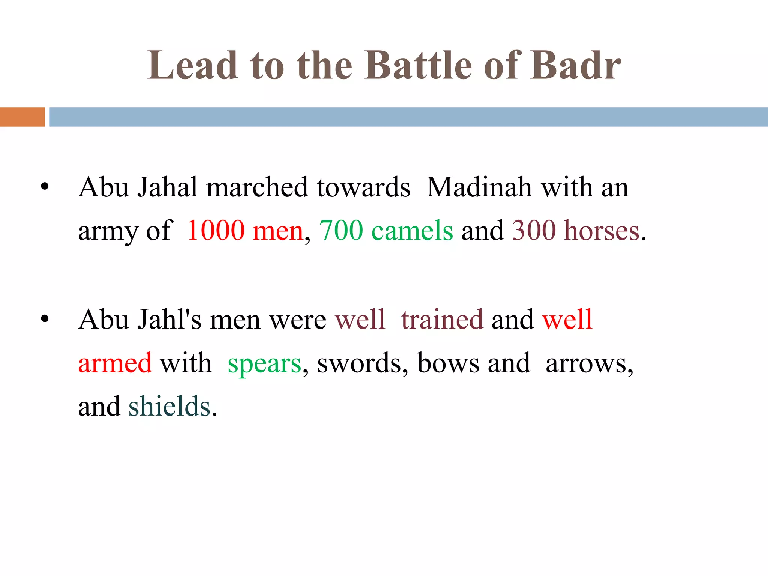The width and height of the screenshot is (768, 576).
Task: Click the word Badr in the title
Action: (576, 66)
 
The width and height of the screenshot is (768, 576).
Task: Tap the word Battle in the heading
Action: (418, 66)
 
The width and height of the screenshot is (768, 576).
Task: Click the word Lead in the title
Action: (192, 66)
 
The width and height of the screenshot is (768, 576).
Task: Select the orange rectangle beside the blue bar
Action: (22, 117)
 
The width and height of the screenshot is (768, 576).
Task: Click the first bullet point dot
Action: (45, 187)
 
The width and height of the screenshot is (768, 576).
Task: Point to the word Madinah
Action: (479, 187)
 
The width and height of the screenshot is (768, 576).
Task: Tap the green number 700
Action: (341, 230)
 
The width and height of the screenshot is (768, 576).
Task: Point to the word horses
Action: (602, 230)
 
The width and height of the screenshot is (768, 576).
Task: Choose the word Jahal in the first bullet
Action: (167, 187)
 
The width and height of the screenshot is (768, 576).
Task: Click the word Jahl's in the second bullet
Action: (169, 319)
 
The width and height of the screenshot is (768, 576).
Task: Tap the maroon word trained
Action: (442, 319)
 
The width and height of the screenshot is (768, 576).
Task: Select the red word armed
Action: (115, 363)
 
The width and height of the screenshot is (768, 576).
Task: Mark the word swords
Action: (359, 363)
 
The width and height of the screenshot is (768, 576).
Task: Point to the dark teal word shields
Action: (169, 406)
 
